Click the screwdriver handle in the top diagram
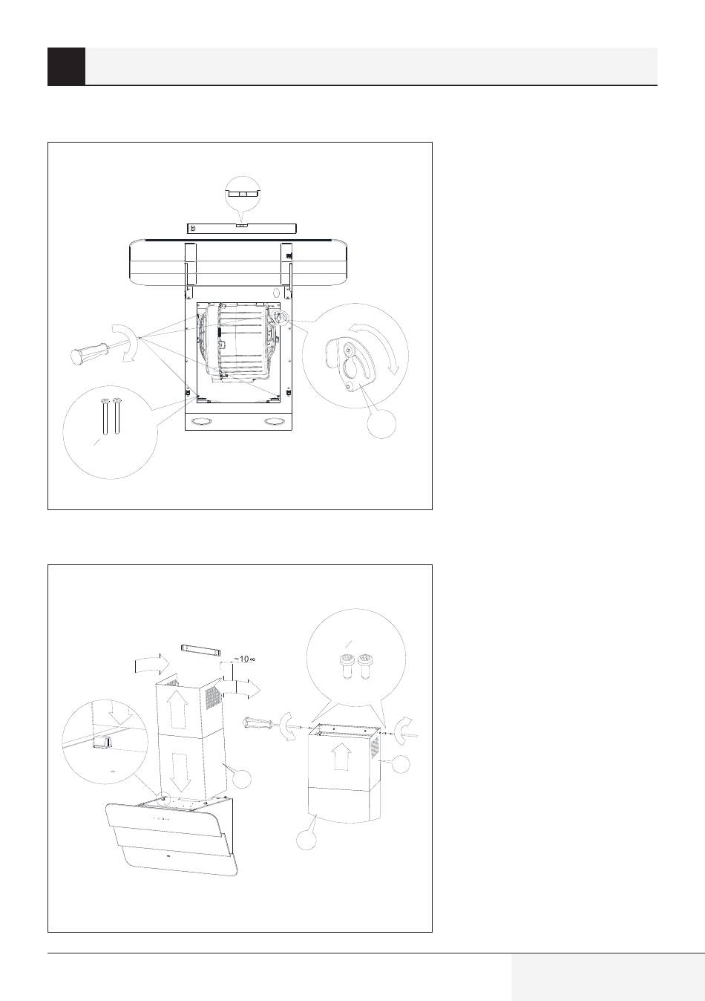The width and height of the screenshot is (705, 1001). point(89,350)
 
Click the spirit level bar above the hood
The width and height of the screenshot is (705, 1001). point(241,228)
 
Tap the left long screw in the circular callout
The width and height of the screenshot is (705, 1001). point(105,417)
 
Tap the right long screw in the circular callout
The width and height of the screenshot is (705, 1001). point(117,417)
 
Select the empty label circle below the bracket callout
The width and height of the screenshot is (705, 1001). point(381,423)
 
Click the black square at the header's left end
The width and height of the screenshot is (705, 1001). point(67,66)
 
